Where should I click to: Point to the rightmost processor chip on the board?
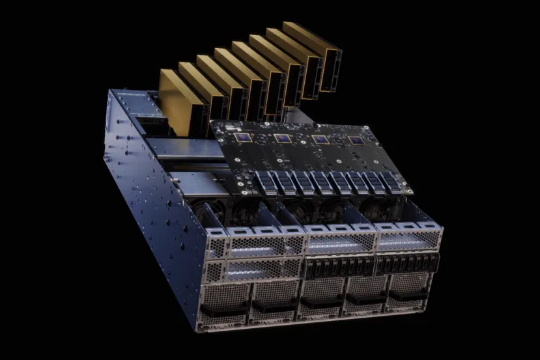[x=356, y=141]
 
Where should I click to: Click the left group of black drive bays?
[x=338, y=266]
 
